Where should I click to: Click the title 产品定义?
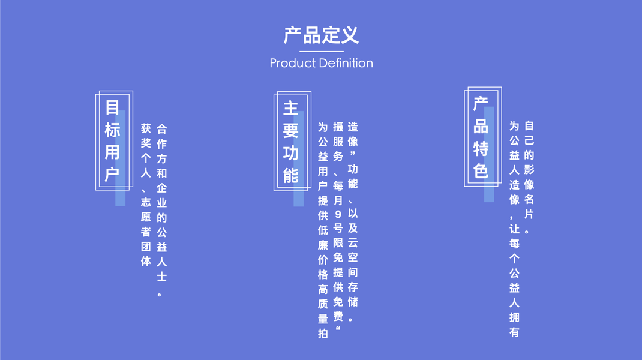point(321,35)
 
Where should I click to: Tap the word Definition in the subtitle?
point(346,63)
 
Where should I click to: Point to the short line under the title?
point(321,52)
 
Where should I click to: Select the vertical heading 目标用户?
point(113,141)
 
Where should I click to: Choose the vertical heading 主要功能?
point(291,142)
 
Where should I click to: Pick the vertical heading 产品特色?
point(481,137)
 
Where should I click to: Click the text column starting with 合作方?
point(161,210)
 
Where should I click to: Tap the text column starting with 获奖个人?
point(146,195)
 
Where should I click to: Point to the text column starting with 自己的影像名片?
point(529,178)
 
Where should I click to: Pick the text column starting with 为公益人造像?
point(514,229)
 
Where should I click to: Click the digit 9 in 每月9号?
point(338,214)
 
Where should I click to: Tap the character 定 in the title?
point(331,35)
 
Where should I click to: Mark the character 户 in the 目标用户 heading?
point(113,175)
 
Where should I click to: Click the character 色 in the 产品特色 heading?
point(481,171)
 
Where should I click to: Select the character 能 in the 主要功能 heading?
point(291,175)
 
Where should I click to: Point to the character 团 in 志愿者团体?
point(146,247)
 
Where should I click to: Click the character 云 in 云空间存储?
point(353,242)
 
